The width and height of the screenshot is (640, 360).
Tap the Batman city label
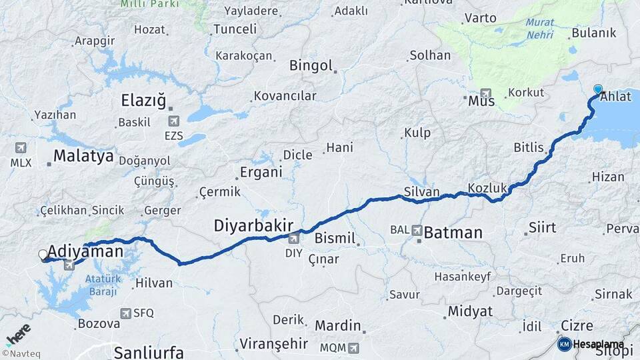tap(453, 233)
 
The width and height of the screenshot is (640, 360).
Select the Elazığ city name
tap(143, 101)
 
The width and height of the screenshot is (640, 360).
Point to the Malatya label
tap(83, 157)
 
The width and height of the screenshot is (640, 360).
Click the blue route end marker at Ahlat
tap(598, 89)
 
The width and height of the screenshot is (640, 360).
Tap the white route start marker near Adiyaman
tap(43, 255)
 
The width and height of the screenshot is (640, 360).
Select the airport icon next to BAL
tap(417, 231)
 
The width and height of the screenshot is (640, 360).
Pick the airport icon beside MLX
tap(20, 147)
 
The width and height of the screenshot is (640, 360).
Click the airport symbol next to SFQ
tap(125, 312)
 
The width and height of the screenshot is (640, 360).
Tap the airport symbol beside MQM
tap(353, 347)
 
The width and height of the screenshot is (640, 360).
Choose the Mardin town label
tap(338, 327)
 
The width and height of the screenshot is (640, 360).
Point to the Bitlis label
tap(529, 147)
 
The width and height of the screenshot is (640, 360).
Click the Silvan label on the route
tap(421, 192)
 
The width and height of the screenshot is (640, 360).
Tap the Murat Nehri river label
tap(539, 27)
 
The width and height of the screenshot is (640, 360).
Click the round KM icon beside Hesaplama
tap(564, 344)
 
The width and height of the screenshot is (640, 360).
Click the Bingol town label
tap(311, 65)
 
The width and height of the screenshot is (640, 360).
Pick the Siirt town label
tap(542, 227)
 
